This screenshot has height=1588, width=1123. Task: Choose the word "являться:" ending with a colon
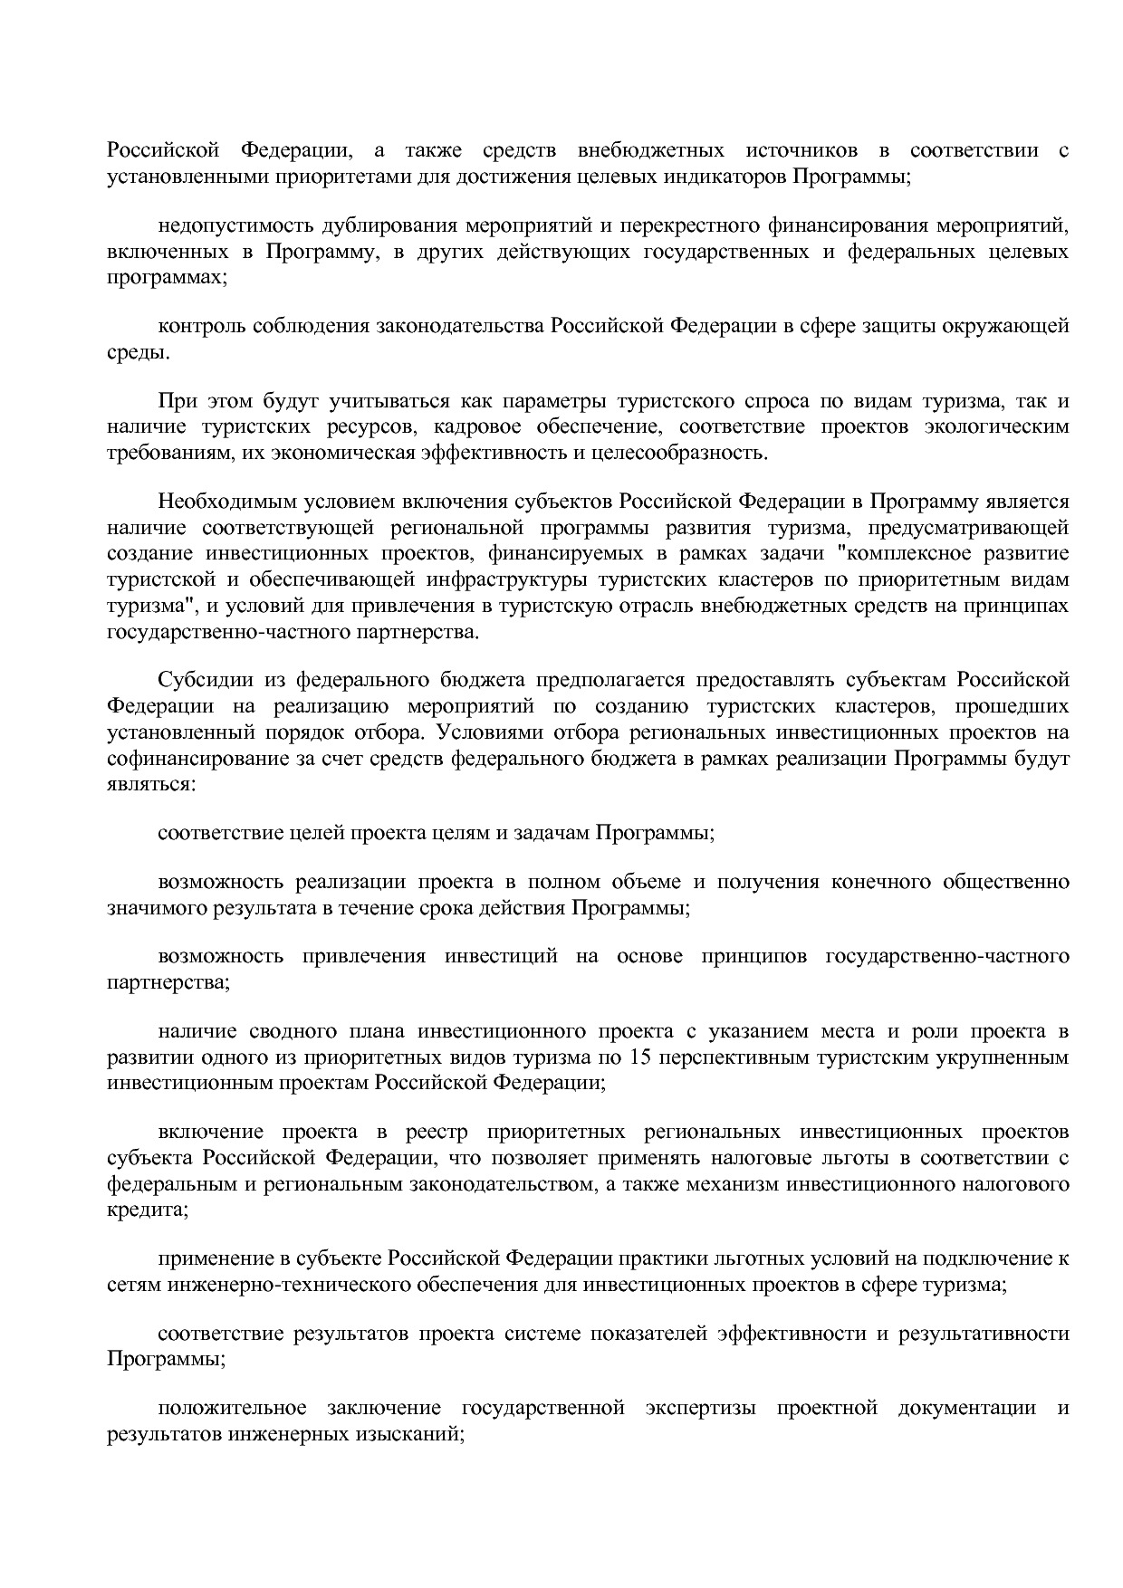(150, 784)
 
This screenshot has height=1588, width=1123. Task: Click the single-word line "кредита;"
(148, 1210)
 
